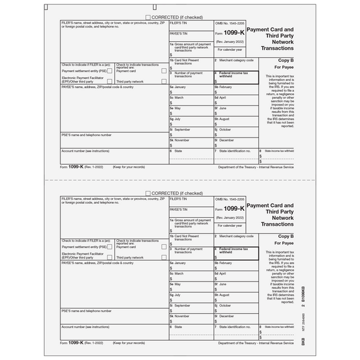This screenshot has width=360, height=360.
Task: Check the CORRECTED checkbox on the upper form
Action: click(148, 17)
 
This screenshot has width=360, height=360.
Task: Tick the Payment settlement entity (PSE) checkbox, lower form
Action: click(110, 246)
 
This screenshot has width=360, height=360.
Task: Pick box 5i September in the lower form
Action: click(191, 289)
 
